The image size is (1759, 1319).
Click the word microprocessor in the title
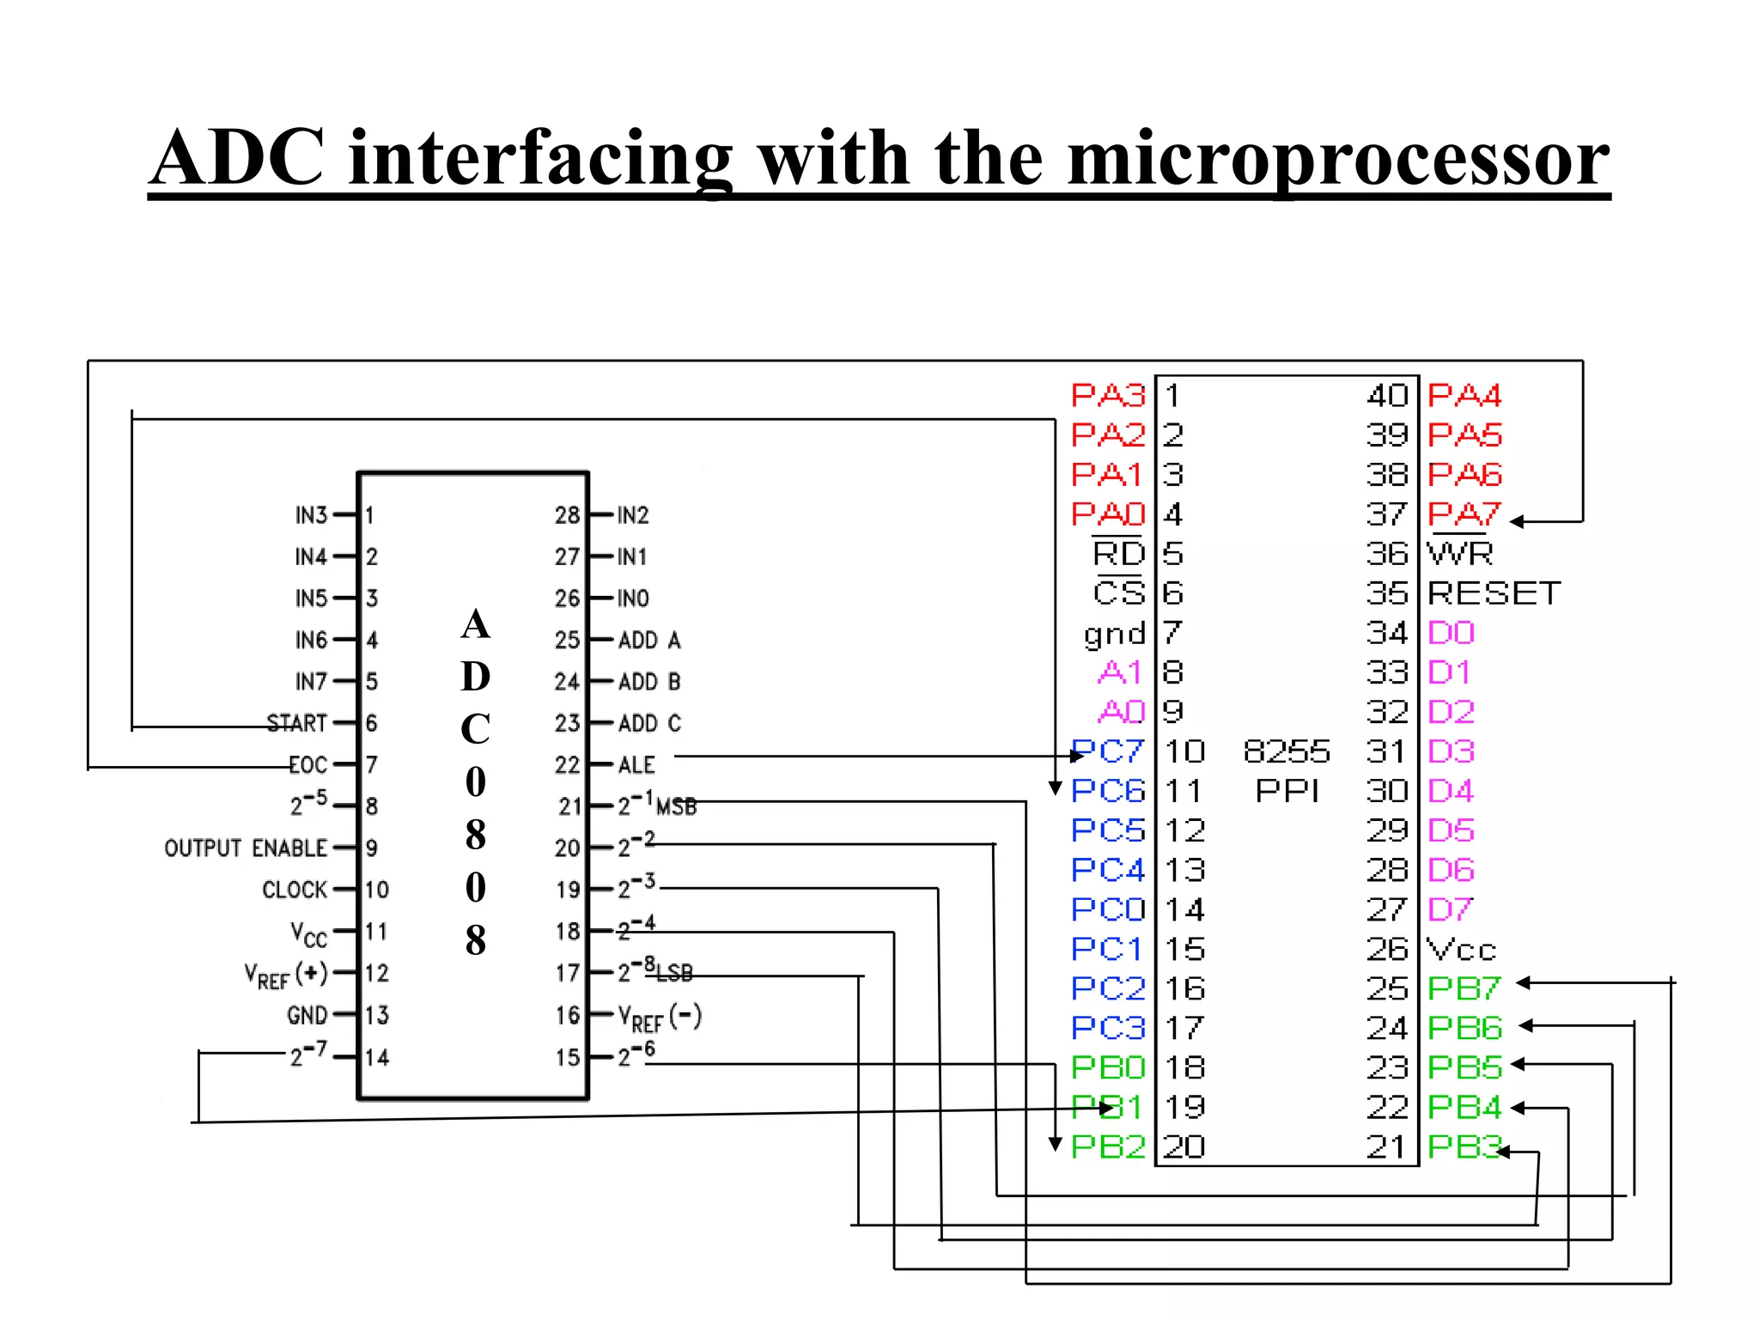click(1337, 159)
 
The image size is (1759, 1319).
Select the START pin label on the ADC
click(297, 723)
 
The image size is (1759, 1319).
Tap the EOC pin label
click(308, 764)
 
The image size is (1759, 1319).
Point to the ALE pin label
click(636, 764)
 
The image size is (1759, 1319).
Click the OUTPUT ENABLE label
click(246, 848)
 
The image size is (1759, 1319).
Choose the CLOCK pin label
click(295, 890)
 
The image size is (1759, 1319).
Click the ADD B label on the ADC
click(649, 682)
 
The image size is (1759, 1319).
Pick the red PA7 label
click(1464, 514)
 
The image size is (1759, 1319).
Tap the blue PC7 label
click(1108, 751)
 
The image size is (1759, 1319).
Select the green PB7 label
click(1464, 988)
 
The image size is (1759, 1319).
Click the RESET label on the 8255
click(1494, 593)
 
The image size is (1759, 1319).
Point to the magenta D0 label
click(1451, 633)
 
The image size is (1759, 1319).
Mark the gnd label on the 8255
click(1115, 634)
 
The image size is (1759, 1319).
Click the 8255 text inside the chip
click(1287, 751)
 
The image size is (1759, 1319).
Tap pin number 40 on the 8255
click(1387, 395)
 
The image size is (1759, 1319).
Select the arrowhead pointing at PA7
click(1516, 521)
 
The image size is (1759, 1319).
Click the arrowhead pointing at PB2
click(1056, 1145)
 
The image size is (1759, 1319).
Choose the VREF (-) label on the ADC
click(660, 1018)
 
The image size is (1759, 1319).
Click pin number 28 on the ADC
click(567, 515)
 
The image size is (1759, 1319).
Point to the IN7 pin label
click(311, 682)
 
